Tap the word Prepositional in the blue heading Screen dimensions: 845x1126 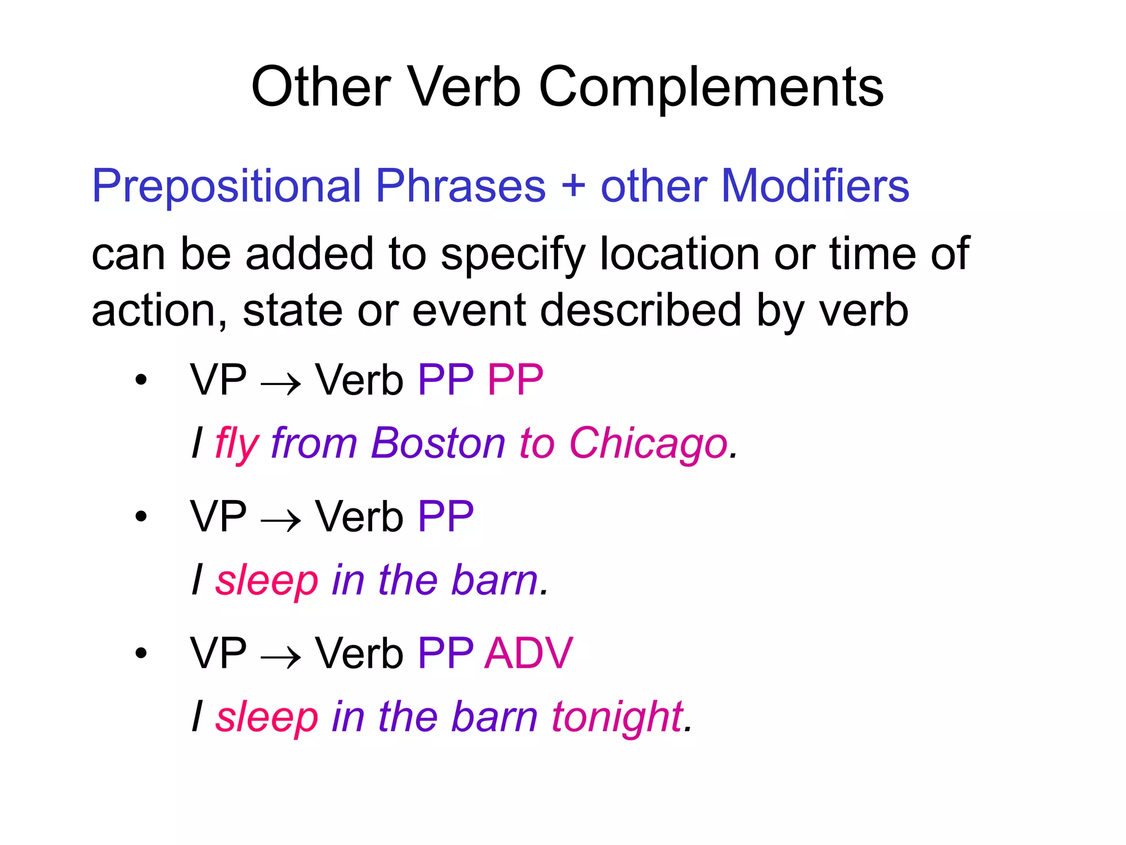point(226,186)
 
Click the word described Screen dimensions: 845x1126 point(641,310)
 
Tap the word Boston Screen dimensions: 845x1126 point(438,443)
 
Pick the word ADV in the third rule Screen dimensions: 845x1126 point(528,653)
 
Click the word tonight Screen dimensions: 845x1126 point(618,717)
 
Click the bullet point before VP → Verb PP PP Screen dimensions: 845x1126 point(141,380)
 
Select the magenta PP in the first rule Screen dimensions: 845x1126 point(515,380)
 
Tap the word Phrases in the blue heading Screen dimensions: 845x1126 point(461,186)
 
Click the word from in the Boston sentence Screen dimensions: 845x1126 point(314,443)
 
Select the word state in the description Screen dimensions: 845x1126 point(293,310)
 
